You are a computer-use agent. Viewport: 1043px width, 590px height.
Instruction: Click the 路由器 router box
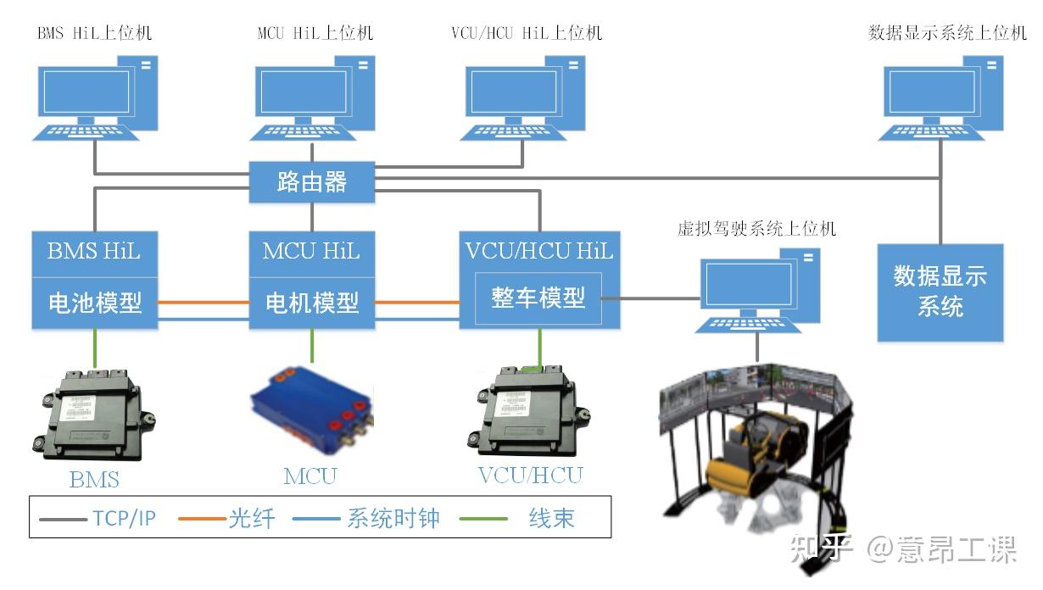[311, 182]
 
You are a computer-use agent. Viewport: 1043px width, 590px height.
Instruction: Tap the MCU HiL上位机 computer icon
[313, 96]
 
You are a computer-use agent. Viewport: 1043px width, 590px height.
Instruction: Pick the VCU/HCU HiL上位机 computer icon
[525, 96]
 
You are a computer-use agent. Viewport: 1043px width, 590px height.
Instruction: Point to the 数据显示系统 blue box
[940, 292]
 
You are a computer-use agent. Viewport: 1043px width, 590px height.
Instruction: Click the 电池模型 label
[95, 303]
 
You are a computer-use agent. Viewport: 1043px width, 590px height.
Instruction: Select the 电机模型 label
[312, 303]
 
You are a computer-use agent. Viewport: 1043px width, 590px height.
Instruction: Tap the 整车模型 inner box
[538, 298]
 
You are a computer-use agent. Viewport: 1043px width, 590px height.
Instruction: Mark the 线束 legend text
[551, 518]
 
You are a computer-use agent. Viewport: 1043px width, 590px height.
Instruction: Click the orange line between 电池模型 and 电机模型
[204, 302]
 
